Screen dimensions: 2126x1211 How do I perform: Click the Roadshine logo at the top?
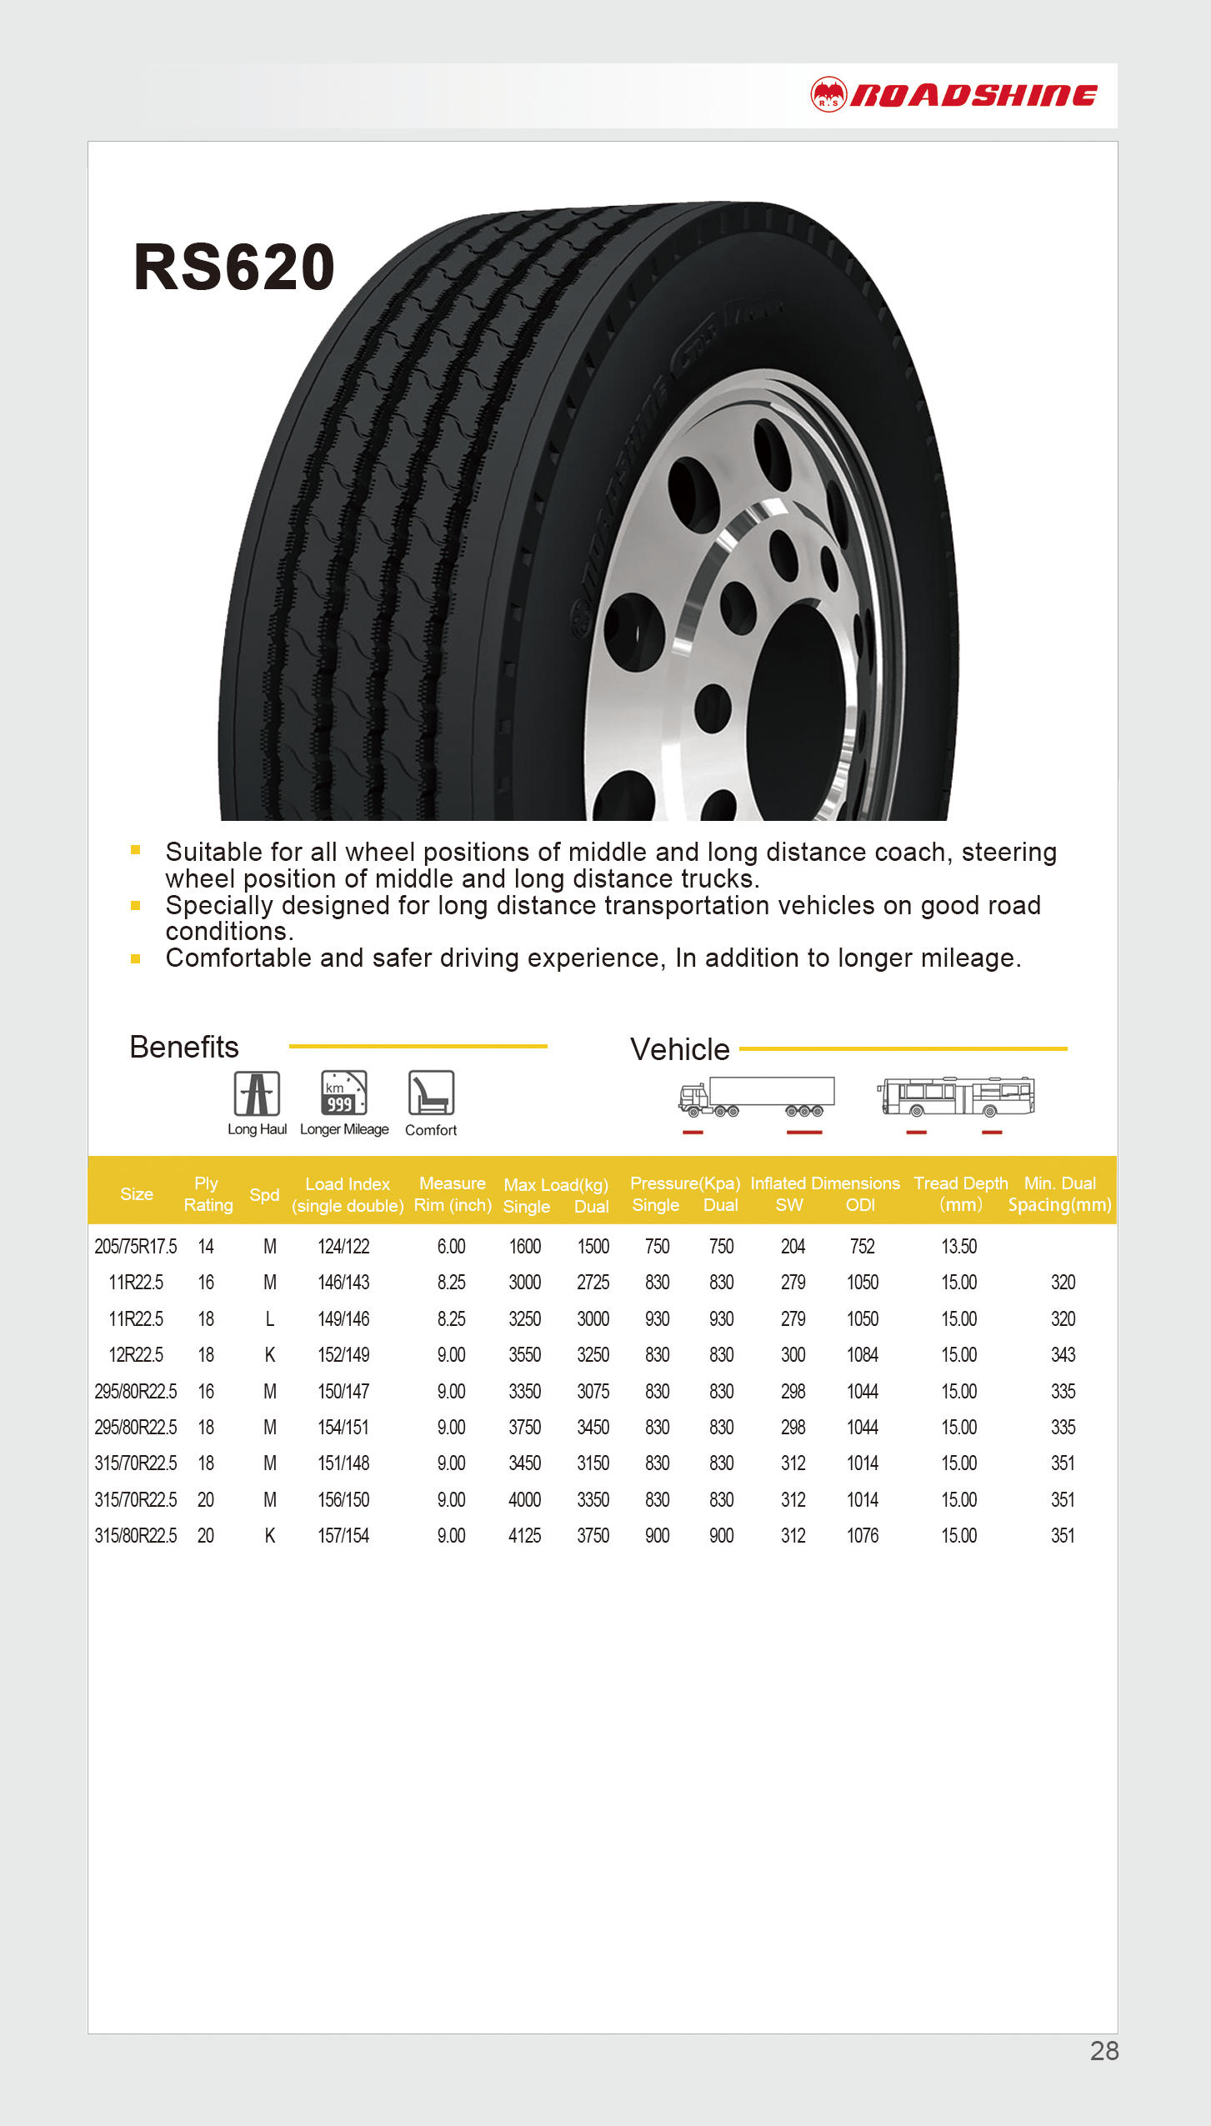coord(953,95)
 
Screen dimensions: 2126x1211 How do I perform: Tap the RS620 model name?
coord(234,268)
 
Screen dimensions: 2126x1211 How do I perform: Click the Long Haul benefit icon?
coord(257,1093)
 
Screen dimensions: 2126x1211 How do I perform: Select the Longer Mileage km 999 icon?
coord(343,1093)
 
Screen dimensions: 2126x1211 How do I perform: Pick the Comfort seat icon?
coord(431,1093)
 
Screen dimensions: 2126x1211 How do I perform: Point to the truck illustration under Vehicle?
coord(756,1097)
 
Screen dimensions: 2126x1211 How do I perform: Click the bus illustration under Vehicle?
coord(956,1097)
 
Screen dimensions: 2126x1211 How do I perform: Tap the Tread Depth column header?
coord(960,1193)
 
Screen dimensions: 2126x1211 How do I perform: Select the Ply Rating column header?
coord(208,1194)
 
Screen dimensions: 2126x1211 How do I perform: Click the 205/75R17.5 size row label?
coord(136,1247)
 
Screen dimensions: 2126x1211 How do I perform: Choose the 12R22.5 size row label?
coord(136,1355)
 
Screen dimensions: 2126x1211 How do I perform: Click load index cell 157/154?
coord(343,1536)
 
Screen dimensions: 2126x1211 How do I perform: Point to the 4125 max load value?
coord(525,1536)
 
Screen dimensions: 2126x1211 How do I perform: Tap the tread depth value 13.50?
coord(958,1247)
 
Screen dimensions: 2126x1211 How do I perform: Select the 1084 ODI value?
coord(863,1355)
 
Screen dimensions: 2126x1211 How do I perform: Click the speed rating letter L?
coord(269,1319)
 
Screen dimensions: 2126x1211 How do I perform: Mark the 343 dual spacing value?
coord(1063,1355)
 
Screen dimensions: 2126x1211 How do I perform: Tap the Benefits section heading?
coord(184,1048)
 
